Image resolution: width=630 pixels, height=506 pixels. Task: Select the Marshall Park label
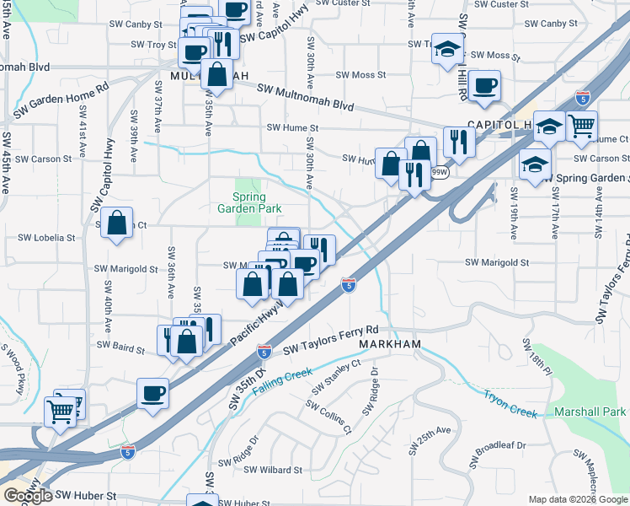(x=590, y=412)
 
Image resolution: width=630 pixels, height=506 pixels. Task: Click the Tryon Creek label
(x=510, y=403)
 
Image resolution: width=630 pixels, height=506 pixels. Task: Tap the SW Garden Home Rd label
(x=61, y=100)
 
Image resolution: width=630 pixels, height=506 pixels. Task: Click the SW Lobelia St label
(x=47, y=238)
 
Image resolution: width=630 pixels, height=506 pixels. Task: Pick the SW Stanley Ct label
(x=336, y=376)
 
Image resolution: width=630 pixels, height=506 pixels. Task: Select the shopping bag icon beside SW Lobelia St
(x=118, y=224)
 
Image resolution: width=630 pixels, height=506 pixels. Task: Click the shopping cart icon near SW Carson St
(x=581, y=126)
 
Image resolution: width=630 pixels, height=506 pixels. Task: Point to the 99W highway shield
(x=439, y=172)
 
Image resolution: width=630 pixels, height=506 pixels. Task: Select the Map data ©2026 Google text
(x=578, y=499)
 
